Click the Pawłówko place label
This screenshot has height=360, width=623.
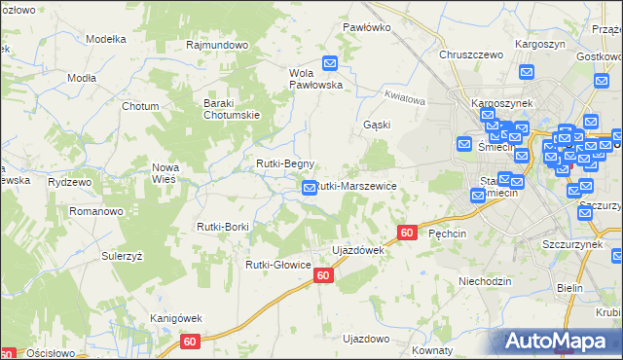366,27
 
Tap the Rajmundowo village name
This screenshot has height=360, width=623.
218,45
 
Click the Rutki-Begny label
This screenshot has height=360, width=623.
284,163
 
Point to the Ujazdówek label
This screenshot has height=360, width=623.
359,250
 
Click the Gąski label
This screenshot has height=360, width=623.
376,126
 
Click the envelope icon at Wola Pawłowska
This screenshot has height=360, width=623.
330,64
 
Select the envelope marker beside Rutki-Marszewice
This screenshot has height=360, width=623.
310,187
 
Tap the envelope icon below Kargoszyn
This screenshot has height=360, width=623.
527,71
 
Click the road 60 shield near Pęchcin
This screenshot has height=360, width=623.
408,233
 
